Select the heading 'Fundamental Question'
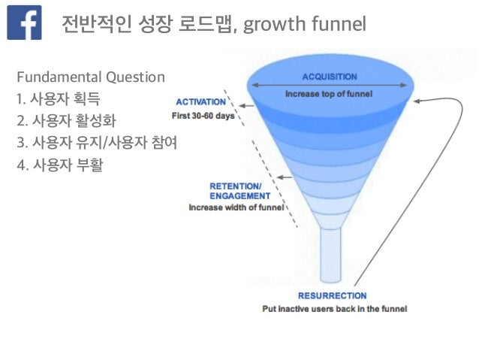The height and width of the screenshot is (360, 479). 90,77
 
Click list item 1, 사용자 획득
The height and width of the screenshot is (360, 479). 62,98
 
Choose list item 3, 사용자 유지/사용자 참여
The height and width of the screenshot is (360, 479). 96,141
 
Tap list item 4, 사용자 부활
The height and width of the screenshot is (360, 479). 62,163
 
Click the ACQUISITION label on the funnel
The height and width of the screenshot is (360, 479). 329,77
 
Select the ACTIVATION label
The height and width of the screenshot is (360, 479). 200,101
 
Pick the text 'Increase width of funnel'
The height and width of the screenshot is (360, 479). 236,207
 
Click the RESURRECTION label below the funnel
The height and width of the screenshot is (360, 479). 332,295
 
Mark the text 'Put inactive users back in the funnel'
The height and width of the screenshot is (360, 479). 333,309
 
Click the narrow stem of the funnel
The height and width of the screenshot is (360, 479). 331,256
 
